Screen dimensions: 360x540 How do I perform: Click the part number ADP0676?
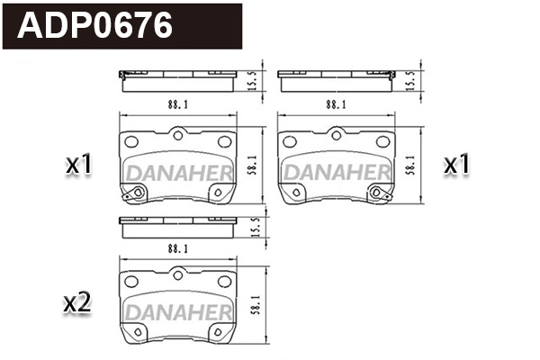(95, 25)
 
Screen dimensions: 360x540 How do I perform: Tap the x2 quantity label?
(79, 304)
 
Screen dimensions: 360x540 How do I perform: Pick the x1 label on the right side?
(458, 165)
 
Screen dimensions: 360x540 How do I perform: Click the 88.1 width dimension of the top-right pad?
(337, 105)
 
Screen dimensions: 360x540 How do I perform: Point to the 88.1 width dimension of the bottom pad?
(177, 247)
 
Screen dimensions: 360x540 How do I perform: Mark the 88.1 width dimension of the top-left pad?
(177, 105)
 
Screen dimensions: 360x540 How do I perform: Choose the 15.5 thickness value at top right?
(412, 79)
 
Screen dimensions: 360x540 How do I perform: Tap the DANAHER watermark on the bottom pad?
(178, 311)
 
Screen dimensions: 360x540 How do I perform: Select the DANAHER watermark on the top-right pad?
(337, 170)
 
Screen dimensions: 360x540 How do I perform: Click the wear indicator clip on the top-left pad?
(138, 193)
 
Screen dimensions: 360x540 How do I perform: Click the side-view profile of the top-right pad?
(337, 81)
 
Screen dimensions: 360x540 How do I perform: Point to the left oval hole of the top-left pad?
(133, 142)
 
